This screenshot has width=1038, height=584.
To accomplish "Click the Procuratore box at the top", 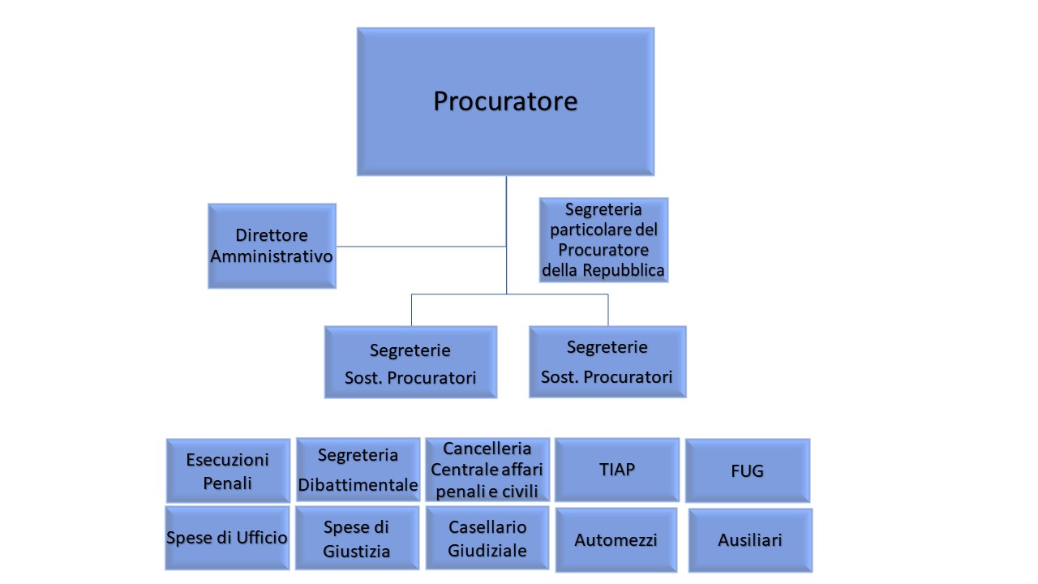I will [x=505, y=101].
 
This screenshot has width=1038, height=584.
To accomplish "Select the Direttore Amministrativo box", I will [x=272, y=246].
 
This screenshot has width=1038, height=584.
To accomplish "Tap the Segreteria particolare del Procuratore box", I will [x=603, y=240].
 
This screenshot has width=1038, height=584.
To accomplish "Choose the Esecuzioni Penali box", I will [x=228, y=470].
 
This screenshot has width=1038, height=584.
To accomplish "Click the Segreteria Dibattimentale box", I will [x=358, y=470].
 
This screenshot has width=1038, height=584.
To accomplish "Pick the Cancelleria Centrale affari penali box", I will [x=487, y=470].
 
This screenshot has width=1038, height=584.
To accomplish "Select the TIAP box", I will [x=617, y=470].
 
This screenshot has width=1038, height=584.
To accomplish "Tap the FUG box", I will [x=747, y=470].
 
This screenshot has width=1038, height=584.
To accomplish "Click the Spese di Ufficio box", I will [x=227, y=537].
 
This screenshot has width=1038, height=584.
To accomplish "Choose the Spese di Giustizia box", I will [x=357, y=538].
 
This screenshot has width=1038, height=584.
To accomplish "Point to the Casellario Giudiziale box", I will [x=487, y=538].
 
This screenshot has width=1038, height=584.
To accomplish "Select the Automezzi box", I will [x=616, y=539].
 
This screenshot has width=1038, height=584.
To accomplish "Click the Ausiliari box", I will [x=750, y=539].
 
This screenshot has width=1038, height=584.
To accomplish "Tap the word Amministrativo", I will [x=272, y=256].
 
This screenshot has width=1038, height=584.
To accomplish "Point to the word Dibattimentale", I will [x=358, y=485].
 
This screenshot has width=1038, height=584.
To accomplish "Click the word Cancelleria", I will [x=487, y=449].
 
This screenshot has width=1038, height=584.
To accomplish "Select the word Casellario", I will [x=487, y=527].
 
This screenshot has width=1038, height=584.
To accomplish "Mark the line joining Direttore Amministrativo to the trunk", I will [x=421, y=246].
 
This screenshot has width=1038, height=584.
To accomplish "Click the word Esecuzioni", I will [x=228, y=460].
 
